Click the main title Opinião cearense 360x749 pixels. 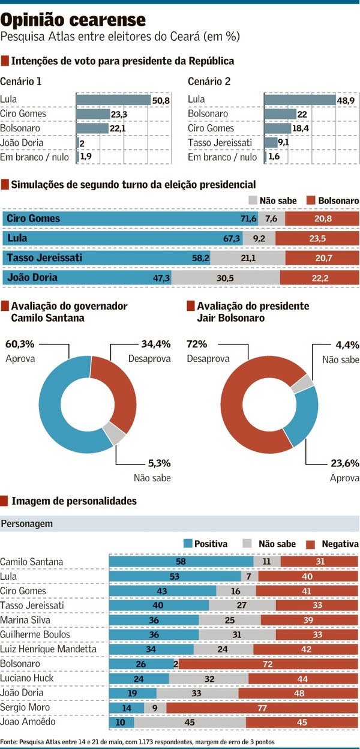tap(73, 20)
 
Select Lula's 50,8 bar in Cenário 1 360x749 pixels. tap(113, 100)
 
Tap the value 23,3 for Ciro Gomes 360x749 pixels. tap(118, 114)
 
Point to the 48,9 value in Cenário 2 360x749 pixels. tap(346, 100)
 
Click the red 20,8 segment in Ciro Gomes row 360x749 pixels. tap(322, 218)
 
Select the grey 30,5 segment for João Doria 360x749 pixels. tap(225, 277)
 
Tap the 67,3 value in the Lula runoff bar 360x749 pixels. tap(232, 238)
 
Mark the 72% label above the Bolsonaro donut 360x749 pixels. tap(197, 344)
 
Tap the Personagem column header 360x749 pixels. tap(27, 523)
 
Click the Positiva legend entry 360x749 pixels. tap(206, 544)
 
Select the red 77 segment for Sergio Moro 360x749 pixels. tap(262, 708)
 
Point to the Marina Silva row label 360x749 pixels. tap(23, 620)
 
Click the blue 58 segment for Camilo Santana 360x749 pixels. tap(181, 562)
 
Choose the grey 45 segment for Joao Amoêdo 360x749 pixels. tap(190, 722)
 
